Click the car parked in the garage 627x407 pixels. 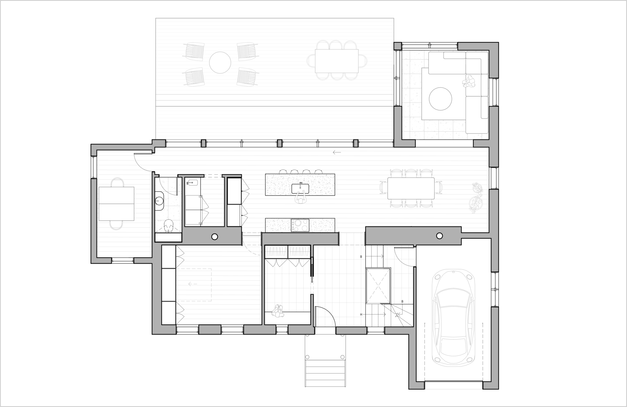point(453,317)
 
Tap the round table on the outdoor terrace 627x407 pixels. point(220,62)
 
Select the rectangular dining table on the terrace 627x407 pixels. point(337,61)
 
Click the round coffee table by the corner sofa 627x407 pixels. point(440,98)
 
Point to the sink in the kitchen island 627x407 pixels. point(300,189)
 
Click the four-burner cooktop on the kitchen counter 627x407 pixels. point(300,225)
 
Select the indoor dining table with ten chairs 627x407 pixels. point(411,188)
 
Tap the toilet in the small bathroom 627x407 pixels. point(168,225)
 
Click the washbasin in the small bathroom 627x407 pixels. point(160,200)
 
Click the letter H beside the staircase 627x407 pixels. point(361,314)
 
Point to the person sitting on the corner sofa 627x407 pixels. point(469,81)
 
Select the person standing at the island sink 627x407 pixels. point(301,199)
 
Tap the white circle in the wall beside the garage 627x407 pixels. point(439,236)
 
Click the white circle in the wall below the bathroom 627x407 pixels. point(214,237)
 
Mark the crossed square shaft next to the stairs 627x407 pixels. point(378,285)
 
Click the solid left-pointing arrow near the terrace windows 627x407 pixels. point(337,153)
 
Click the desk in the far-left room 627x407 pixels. point(116,203)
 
